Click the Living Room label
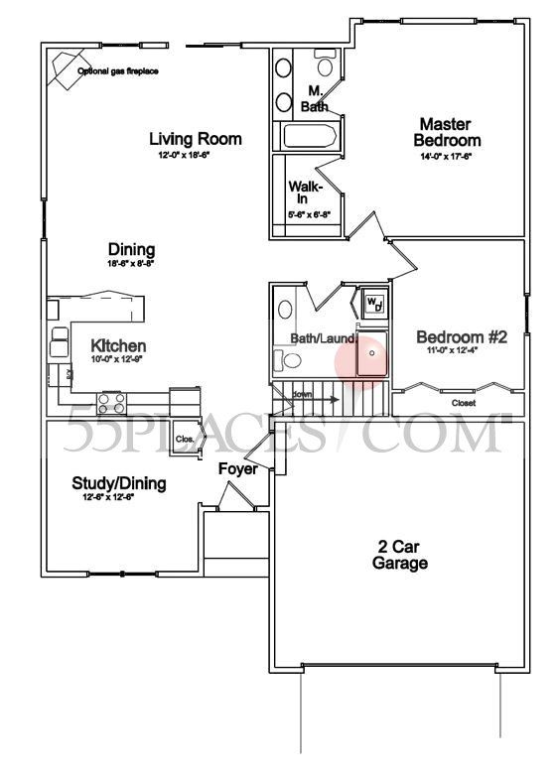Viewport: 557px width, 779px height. [196, 139]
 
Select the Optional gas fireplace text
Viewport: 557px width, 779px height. [118, 71]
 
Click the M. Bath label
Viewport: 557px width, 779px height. [314, 97]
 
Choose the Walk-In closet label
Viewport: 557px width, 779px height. [302, 192]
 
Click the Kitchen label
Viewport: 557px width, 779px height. [118, 346]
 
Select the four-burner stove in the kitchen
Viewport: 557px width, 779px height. [111, 403]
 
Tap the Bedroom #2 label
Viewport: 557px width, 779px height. [462, 337]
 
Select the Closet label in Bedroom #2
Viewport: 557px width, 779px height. [463, 403]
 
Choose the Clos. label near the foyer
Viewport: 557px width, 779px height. [184, 439]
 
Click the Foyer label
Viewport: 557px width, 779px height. [238, 468]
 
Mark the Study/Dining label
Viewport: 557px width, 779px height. [119, 483]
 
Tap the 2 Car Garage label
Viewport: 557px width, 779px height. [400, 555]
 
